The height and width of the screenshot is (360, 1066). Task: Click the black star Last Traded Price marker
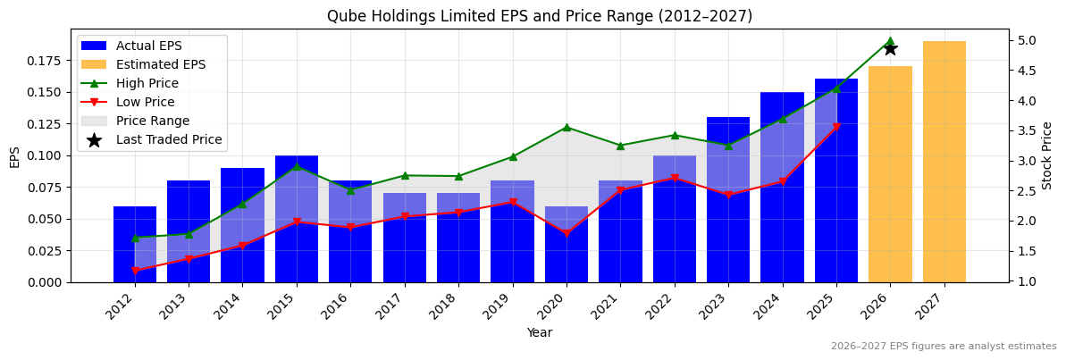(x=890, y=48)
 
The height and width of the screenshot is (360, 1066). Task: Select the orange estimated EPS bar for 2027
(x=944, y=161)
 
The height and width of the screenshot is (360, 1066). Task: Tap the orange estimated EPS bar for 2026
(x=890, y=174)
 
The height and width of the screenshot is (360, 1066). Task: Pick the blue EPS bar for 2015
(x=297, y=219)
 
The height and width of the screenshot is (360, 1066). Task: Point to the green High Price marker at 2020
(x=567, y=127)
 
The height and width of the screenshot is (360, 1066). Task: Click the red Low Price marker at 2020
(x=567, y=234)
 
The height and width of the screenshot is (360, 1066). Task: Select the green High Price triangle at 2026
(x=890, y=41)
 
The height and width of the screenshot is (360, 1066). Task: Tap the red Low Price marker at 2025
(x=836, y=128)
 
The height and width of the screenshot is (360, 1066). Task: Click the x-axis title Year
(x=539, y=332)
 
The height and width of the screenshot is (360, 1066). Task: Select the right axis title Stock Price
(x=1047, y=155)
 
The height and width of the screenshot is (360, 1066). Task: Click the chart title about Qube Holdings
(x=539, y=16)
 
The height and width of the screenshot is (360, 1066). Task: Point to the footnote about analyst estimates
(x=943, y=347)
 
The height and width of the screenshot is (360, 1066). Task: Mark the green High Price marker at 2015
(x=297, y=166)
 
